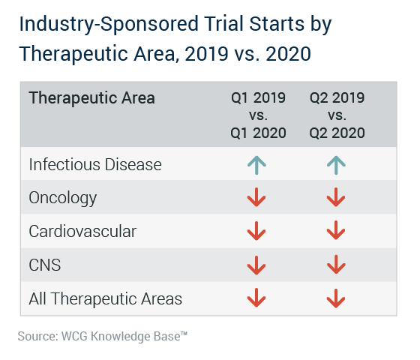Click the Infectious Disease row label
point(95,164)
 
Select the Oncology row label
point(63,199)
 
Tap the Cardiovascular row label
point(82,231)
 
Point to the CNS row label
point(45,265)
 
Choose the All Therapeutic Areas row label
point(105,298)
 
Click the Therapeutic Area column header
point(91,97)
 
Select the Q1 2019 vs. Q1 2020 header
point(258,115)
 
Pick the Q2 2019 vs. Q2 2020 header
point(337,115)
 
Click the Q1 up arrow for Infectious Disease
point(256,165)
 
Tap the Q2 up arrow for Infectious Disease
point(336,165)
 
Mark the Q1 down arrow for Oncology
point(256,197)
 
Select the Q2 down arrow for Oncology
point(336,197)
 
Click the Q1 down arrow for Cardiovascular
point(256,231)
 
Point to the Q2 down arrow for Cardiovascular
point(336,230)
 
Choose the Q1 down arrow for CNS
point(256,265)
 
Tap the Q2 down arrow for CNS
point(336,265)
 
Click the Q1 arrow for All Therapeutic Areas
point(256,298)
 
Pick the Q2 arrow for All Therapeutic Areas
point(336,298)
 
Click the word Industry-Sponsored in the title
point(109,25)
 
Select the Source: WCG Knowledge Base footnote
point(103,336)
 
